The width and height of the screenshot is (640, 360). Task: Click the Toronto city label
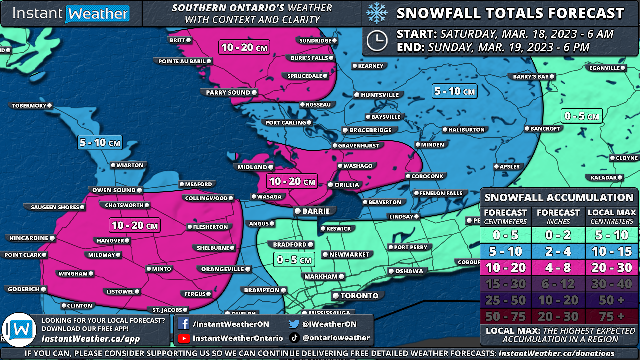(359, 296)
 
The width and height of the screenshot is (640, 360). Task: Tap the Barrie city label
(315, 211)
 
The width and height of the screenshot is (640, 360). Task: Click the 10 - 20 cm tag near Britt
(244, 48)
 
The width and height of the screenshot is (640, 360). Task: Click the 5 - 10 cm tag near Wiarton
(100, 143)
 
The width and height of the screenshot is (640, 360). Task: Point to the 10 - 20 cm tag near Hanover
(135, 226)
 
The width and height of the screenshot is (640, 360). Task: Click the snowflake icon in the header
(377, 13)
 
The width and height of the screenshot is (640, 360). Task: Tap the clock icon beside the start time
(377, 41)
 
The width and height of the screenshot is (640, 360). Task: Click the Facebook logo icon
(183, 324)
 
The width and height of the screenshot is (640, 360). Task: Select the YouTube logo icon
(183, 338)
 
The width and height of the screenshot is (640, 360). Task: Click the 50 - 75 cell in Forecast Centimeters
(505, 316)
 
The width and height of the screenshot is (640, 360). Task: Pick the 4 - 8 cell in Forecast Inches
(558, 268)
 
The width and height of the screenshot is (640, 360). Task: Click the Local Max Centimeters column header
(612, 217)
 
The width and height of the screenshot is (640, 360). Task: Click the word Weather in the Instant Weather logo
(98, 14)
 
